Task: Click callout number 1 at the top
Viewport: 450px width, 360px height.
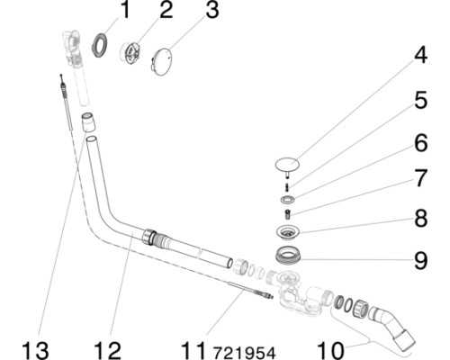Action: [124, 10]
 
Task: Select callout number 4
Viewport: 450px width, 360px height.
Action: [420, 56]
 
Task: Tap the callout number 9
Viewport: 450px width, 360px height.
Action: [420, 260]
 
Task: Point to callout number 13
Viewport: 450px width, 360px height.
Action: [35, 351]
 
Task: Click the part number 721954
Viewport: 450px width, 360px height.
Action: [244, 353]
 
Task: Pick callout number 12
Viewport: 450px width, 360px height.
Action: [107, 351]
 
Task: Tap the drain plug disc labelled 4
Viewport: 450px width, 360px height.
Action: [287, 165]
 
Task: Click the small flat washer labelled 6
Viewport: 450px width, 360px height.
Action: [287, 199]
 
